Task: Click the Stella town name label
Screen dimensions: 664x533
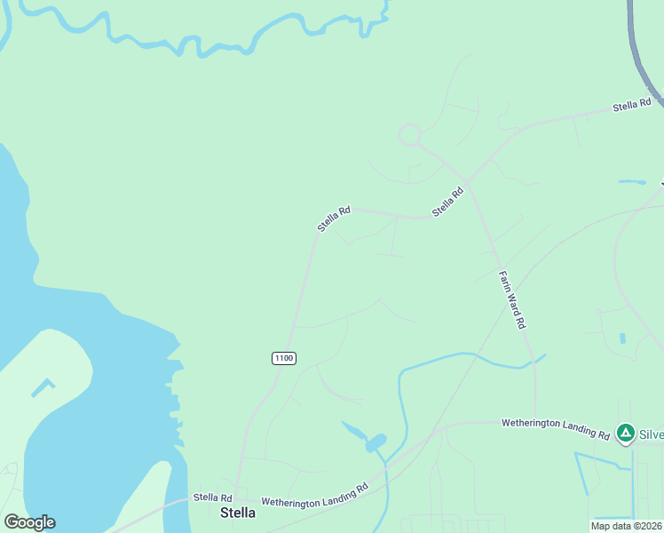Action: coord(238,513)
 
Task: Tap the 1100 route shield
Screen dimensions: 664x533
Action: coord(283,358)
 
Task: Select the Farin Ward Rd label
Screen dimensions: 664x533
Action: coord(512,300)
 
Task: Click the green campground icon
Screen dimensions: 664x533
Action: coord(626,434)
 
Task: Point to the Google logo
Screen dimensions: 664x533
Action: coord(29,522)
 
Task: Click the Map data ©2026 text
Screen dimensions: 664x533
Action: coord(627,526)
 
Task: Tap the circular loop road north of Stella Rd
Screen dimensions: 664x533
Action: coord(409,135)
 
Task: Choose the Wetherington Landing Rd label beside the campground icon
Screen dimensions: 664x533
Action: coord(555,428)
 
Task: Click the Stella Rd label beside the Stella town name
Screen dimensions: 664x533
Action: coord(212,497)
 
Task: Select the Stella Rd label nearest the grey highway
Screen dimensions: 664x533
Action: coord(631,107)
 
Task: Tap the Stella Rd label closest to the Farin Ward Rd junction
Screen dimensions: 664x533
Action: coord(448,202)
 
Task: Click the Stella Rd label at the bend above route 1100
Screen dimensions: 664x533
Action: coord(334,219)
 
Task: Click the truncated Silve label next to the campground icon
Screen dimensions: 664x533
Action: coord(651,434)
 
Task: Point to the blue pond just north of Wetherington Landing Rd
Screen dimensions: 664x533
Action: coord(375,442)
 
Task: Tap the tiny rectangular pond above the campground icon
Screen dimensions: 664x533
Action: coord(622,338)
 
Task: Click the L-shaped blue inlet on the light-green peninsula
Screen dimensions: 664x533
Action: coord(42,387)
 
